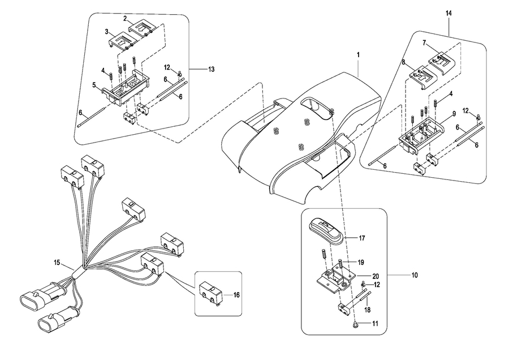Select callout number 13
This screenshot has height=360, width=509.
(211, 69)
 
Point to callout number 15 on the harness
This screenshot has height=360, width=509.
(57, 262)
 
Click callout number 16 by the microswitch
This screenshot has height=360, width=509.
(236, 295)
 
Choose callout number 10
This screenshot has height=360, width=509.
(415, 275)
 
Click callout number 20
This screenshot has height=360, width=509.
(376, 276)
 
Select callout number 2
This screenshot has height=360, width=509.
(125, 19)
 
